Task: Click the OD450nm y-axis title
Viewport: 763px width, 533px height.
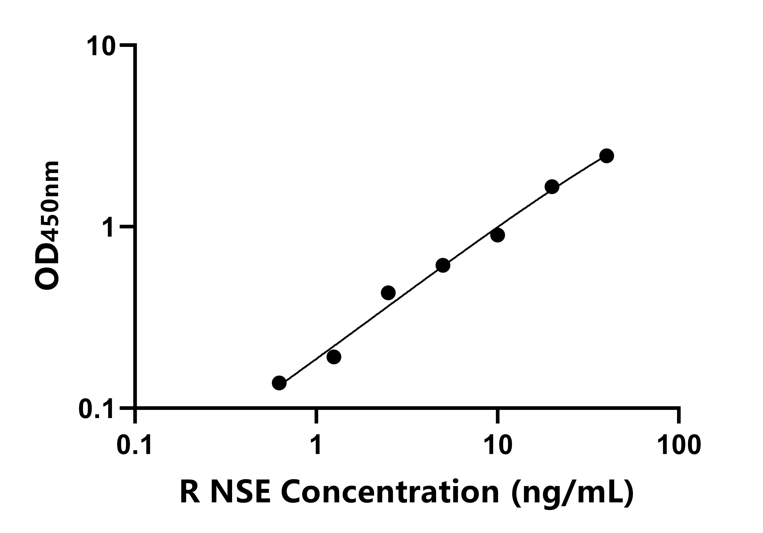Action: pos(47,226)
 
